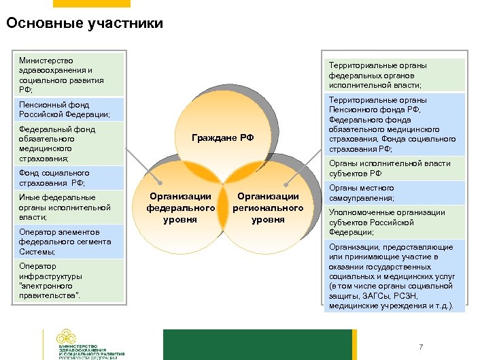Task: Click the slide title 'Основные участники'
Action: [x=84, y=24]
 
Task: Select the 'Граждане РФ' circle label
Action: [x=222, y=137]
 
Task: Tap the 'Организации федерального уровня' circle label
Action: [x=180, y=208]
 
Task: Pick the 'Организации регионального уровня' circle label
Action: [x=267, y=208]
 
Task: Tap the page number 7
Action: [x=421, y=347]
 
